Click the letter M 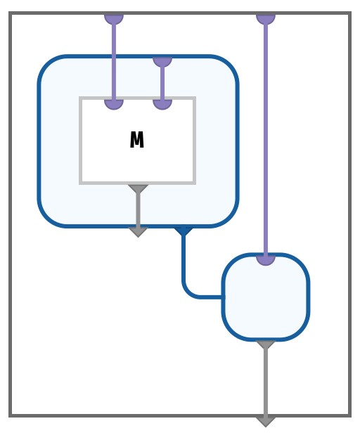pos(136,139)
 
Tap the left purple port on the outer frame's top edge pos(114,18)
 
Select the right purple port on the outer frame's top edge pos(266,18)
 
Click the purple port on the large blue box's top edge pos(162,62)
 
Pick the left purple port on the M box pos(114,104)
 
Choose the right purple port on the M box pos(162,104)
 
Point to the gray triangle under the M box pos(138,188)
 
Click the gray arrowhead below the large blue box pos(138,232)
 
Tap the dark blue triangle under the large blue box pos(184,231)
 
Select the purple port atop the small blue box pos(266,259)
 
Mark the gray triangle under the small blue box pos(266,345)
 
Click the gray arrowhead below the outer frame pos(266,422)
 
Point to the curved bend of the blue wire pos(188,292)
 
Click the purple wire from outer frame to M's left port pos(114,61)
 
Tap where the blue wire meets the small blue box pos(224,297)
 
